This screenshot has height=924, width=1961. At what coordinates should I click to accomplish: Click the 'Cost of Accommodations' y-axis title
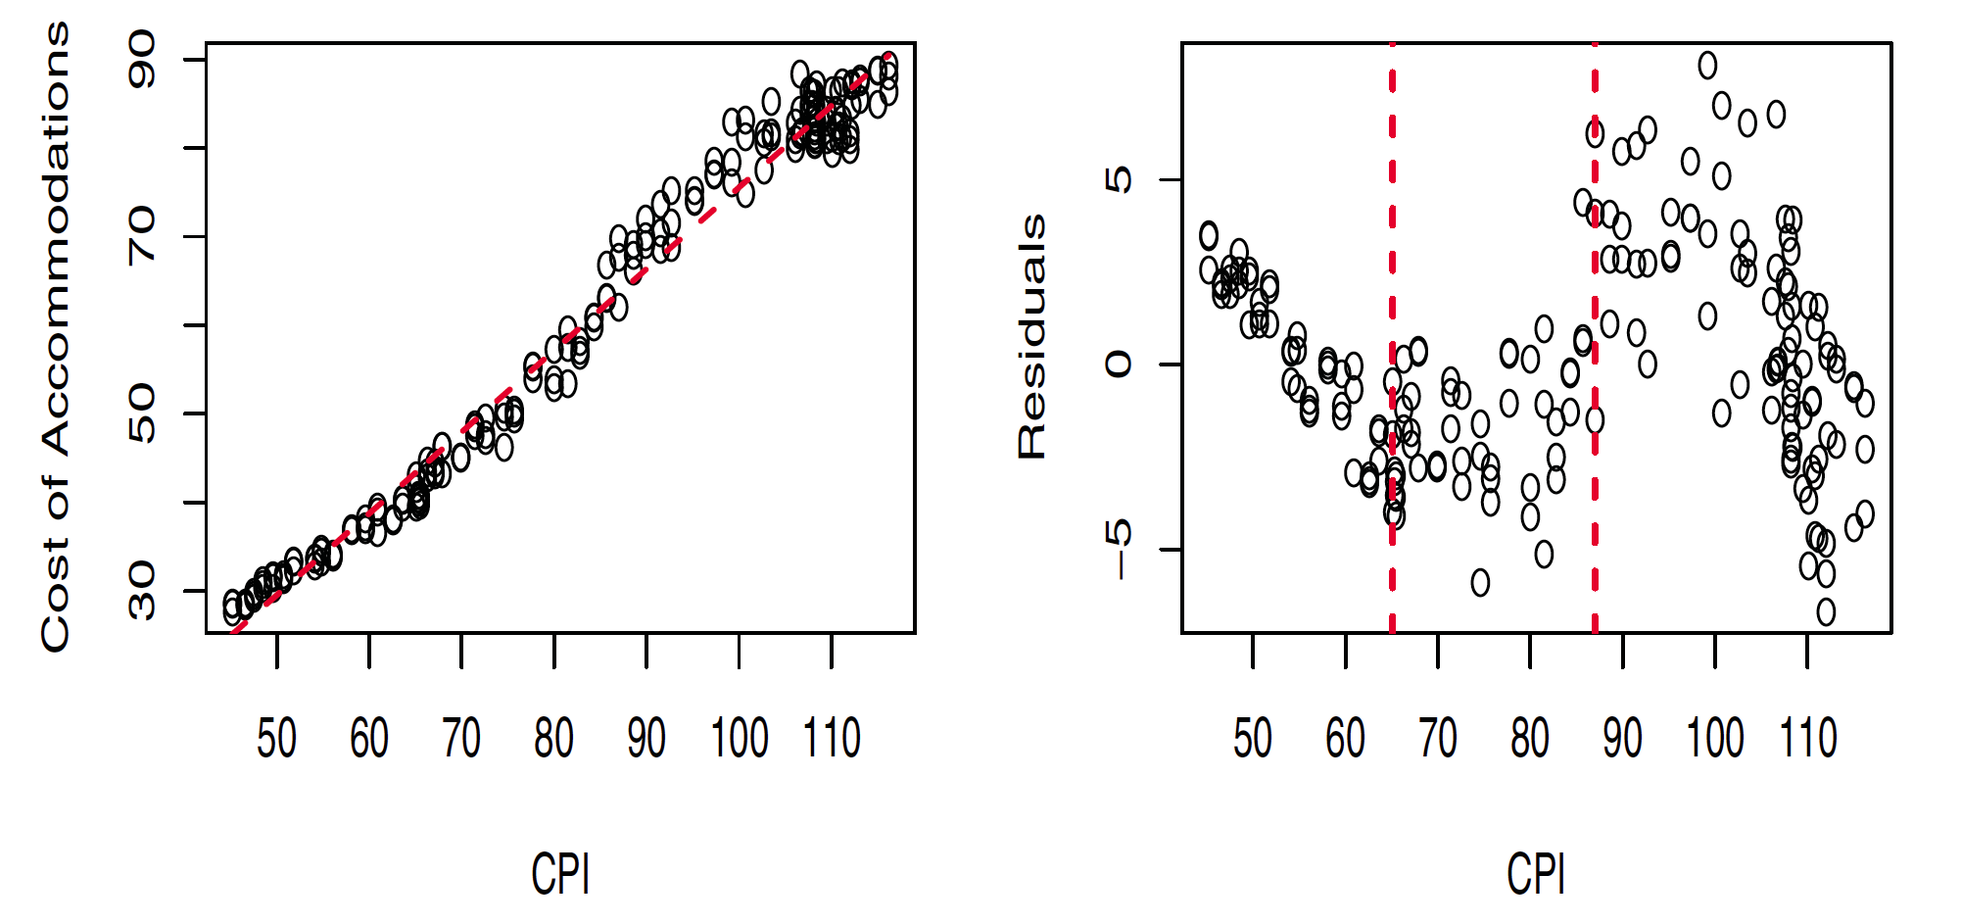pyautogui.click(x=56, y=337)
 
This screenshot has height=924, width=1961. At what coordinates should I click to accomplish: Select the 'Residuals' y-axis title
pyautogui.click(x=1032, y=337)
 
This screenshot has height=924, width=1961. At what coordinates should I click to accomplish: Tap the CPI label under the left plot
pyautogui.click(x=560, y=874)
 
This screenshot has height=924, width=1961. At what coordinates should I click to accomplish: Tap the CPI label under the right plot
pyautogui.click(x=1536, y=874)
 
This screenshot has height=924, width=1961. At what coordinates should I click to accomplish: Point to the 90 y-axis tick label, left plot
pyautogui.click(x=142, y=60)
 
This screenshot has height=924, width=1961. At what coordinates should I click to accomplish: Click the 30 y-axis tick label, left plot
pyautogui.click(x=142, y=591)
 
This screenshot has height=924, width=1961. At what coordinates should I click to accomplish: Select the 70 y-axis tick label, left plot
pyautogui.click(x=142, y=236)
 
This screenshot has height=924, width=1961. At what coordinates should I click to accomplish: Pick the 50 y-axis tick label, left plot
pyautogui.click(x=142, y=413)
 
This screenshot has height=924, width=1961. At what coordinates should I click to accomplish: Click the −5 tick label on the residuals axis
pyautogui.click(x=1118, y=549)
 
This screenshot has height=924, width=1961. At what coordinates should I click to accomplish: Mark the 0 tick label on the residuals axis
pyautogui.click(x=1118, y=365)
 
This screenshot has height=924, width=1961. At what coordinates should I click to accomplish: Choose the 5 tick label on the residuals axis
pyautogui.click(x=1118, y=179)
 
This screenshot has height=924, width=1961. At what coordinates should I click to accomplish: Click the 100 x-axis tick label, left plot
pyautogui.click(x=739, y=739)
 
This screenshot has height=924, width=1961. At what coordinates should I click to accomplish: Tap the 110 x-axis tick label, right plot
pyautogui.click(x=1807, y=739)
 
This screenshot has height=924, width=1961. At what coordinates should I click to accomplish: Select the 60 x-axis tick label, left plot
pyautogui.click(x=369, y=739)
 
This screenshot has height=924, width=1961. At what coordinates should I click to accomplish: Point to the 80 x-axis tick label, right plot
pyautogui.click(x=1530, y=739)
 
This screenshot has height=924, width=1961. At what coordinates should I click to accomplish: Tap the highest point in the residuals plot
pyautogui.click(x=1707, y=66)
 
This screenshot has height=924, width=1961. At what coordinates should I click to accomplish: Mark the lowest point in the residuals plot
pyautogui.click(x=1826, y=612)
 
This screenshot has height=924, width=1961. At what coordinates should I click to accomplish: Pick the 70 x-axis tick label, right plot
pyautogui.click(x=1438, y=739)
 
